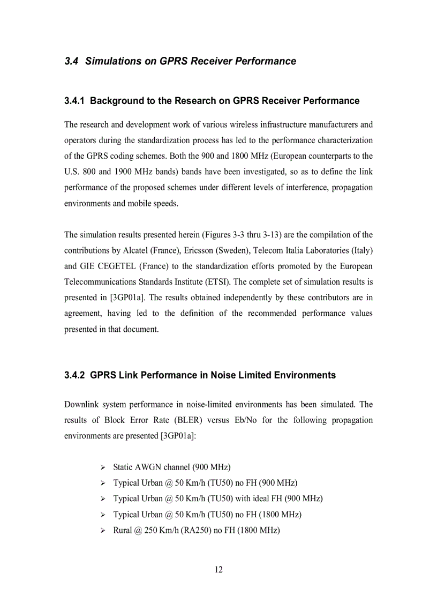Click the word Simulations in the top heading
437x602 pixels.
click(113, 61)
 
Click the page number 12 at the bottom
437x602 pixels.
click(218, 569)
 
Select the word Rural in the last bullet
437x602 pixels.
click(123, 530)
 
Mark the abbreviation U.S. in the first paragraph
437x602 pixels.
click(72, 172)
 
